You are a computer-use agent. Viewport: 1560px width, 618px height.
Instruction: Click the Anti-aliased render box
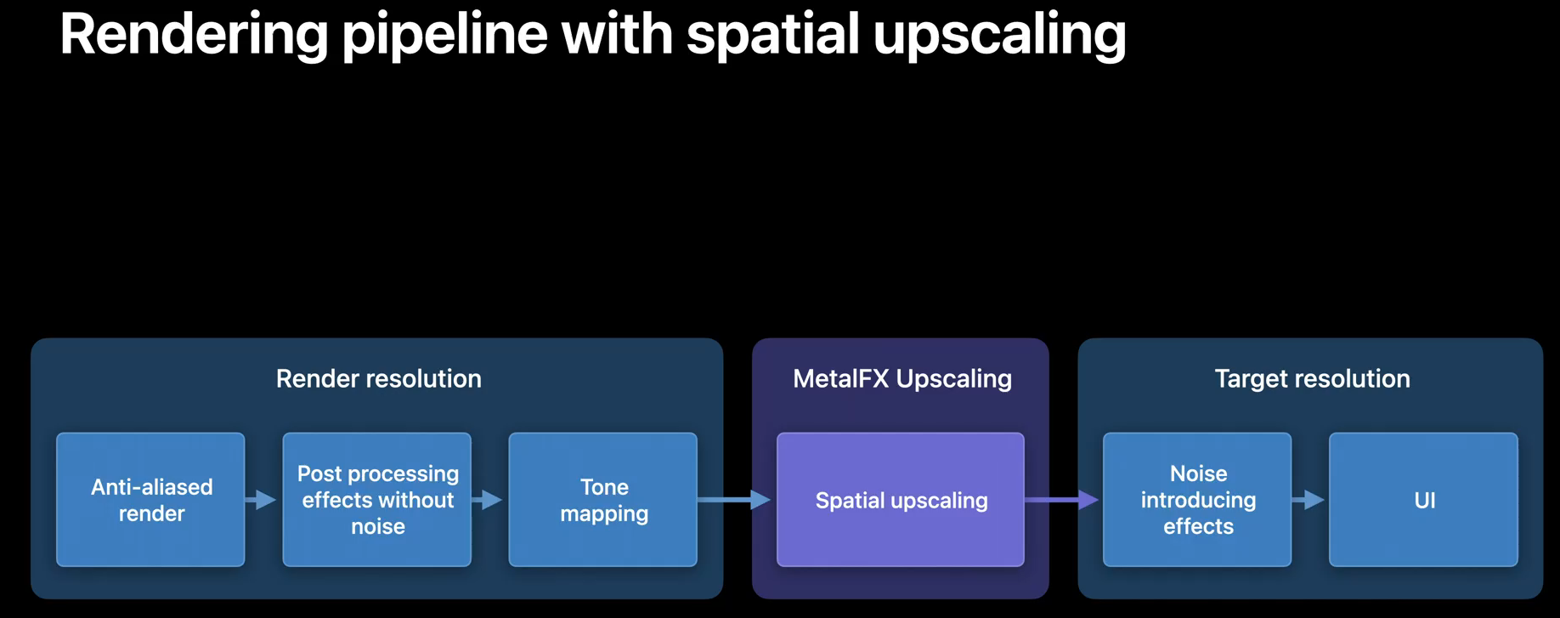coord(150,500)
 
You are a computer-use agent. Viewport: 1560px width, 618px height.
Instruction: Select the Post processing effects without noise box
coord(376,500)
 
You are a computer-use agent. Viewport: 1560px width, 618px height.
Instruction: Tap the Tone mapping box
coord(602,500)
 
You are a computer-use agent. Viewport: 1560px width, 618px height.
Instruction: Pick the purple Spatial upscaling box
coord(900,500)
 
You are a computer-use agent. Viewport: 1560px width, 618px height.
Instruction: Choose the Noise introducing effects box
coord(1196,500)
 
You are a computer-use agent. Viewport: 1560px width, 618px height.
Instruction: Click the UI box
coord(1423,500)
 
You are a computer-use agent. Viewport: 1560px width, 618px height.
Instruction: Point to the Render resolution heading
coord(378,378)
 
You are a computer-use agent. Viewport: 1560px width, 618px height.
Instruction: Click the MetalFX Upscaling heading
coord(902,378)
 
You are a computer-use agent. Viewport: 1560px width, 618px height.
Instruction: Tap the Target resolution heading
coord(1312,378)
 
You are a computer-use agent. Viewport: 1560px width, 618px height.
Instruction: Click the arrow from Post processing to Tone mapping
coord(489,500)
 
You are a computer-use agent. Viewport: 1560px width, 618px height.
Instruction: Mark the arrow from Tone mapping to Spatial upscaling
coord(735,500)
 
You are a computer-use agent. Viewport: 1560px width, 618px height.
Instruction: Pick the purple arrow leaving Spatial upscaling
coord(1062,500)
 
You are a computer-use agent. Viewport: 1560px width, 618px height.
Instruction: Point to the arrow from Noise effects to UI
coord(1309,500)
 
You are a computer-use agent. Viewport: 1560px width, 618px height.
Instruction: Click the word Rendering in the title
coord(194,36)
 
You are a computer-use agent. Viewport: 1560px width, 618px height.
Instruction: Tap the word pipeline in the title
coord(444,36)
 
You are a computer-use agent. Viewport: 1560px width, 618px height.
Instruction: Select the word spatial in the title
coord(773,36)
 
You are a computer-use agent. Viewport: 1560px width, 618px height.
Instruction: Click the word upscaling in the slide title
coord(999,36)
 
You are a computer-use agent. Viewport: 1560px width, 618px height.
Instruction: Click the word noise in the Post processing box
coord(378,527)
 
